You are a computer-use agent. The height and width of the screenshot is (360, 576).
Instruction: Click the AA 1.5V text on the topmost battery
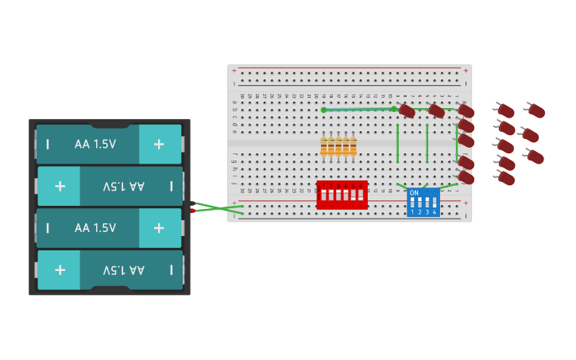pyautogui.click(x=95, y=144)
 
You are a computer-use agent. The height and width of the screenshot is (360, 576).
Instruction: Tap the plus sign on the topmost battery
pyautogui.click(x=159, y=144)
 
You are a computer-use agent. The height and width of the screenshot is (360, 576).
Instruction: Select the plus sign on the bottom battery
pyautogui.click(x=60, y=269)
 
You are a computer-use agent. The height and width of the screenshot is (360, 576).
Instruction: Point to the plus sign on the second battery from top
pyautogui.click(x=60, y=186)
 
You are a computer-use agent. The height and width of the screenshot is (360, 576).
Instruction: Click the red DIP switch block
pyautogui.click(x=342, y=195)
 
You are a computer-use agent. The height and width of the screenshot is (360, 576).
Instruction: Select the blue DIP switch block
pyautogui.click(x=423, y=202)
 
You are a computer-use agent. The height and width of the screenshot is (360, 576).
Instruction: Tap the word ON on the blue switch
pyautogui.click(x=414, y=193)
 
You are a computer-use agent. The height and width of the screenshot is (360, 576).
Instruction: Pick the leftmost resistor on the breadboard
pyautogui.click(x=324, y=146)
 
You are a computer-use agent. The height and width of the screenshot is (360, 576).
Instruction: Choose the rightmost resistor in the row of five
pyautogui.click(x=353, y=146)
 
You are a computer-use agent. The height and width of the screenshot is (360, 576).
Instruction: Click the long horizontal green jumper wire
pyautogui.click(x=358, y=110)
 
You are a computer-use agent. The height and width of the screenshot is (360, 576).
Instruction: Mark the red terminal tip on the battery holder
pyautogui.click(x=192, y=211)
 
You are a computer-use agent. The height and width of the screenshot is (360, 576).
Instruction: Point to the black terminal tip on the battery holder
pyautogui.click(x=192, y=203)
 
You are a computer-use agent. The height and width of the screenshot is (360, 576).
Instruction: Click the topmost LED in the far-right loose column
pyautogui.click(x=536, y=110)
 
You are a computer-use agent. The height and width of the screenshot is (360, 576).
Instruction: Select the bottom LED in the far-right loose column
pyautogui.click(x=536, y=157)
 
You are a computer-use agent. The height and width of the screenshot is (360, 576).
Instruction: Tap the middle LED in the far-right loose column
pyautogui.click(x=531, y=135)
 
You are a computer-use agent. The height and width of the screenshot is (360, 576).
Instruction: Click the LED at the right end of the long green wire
pyautogui.click(x=406, y=110)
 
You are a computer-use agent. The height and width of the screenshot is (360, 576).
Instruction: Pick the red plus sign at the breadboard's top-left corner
pyautogui.click(x=234, y=71)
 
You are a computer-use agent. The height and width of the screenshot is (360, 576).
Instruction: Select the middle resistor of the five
pyautogui.click(x=338, y=146)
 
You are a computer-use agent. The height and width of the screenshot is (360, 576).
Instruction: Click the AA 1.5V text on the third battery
pyautogui.click(x=95, y=228)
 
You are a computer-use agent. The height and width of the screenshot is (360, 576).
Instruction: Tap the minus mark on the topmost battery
pyautogui.click(x=48, y=144)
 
